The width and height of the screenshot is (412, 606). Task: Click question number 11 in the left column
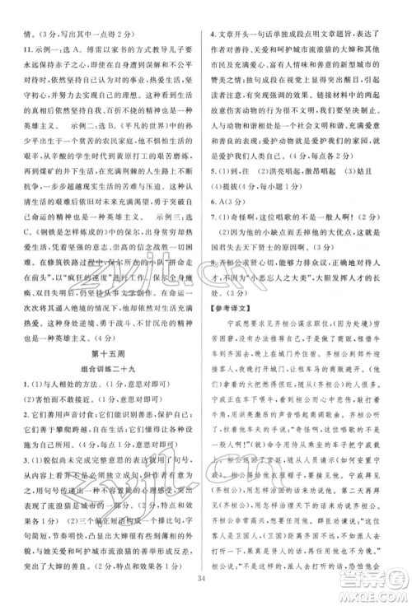point(17,49)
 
